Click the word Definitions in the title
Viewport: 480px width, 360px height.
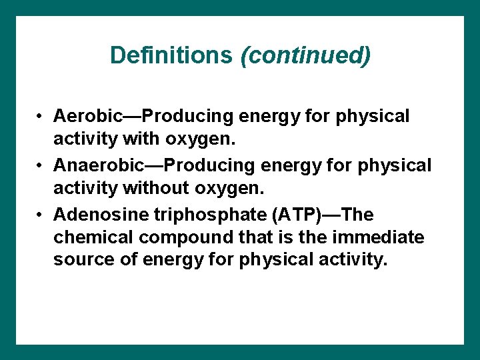172,55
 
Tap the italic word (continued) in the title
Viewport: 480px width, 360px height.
305,55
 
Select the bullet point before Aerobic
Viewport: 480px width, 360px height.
41,117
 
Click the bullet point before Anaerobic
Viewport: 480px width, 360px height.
41,165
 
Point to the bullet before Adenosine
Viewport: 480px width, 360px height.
41,215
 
